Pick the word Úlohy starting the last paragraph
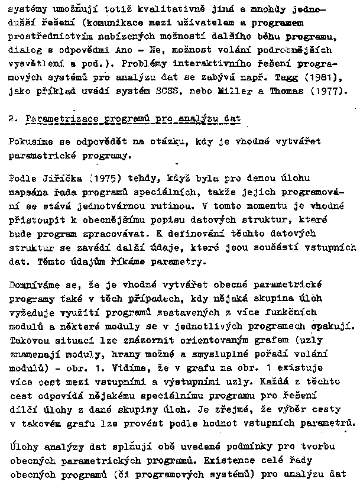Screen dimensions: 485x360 coord(24,449)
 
